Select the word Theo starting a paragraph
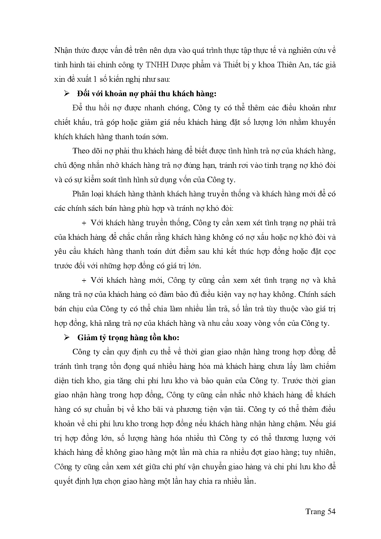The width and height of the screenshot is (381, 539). point(81,151)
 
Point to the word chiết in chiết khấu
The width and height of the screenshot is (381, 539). point(62,123)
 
